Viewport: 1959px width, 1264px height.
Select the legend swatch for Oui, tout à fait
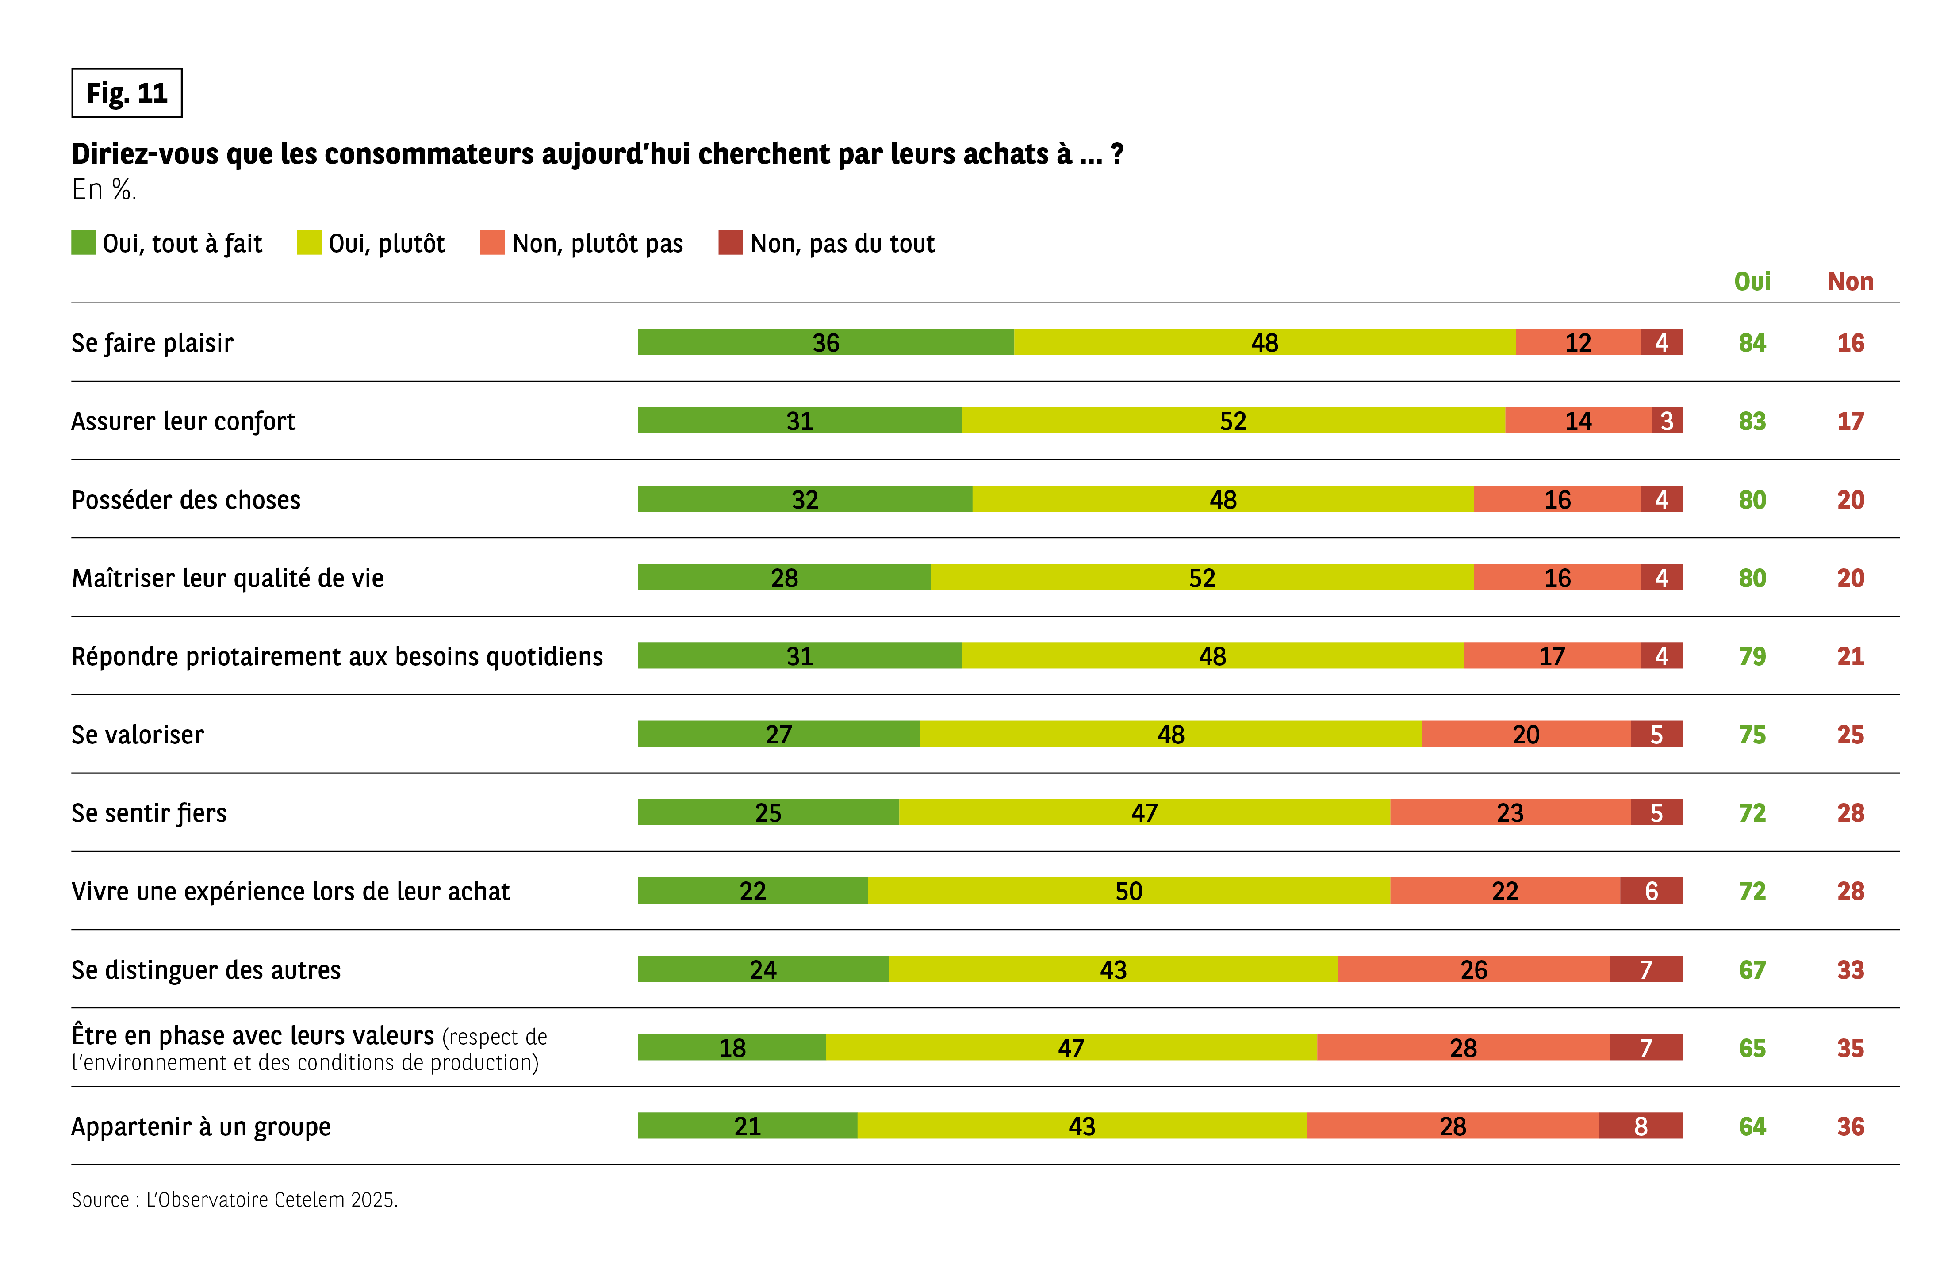(x=83, y=243)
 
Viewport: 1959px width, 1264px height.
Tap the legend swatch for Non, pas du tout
(x=730, y=243)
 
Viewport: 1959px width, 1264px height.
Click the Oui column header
(x=1752, y=282)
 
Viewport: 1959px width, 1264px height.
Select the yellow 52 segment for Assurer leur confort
(x=1233, y=421)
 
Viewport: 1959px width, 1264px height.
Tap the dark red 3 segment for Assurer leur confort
(x=1667, y=421)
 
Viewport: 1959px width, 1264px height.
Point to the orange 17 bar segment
(x=1551, y=656)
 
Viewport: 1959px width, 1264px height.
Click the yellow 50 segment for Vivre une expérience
(x=1128, y=891)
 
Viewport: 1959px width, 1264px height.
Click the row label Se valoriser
(x=138, y=735)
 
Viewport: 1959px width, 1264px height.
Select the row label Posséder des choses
(x=186, y=500)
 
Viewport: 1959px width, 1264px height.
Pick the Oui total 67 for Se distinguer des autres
(x=1752, y=969)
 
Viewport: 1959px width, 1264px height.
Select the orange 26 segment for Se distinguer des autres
(x=1473, y=969)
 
